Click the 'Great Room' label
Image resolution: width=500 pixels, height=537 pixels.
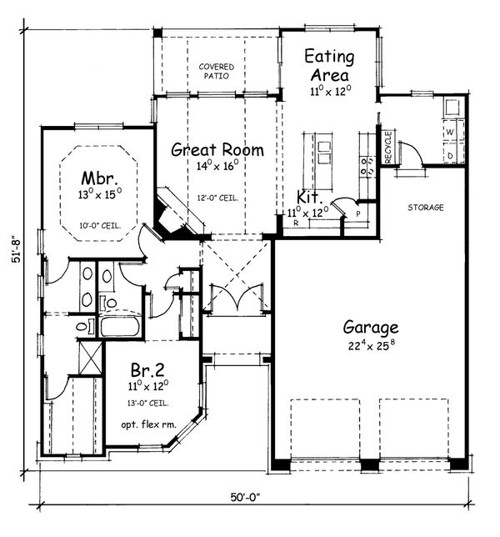(217, 150)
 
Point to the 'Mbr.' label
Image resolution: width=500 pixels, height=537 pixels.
(97, 178)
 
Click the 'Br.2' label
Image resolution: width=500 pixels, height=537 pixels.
(146, 369)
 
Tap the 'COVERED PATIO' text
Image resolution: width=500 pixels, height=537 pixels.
(216, 70)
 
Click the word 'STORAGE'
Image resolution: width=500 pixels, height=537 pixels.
(425, 207)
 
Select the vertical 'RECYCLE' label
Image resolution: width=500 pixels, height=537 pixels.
(387, 148)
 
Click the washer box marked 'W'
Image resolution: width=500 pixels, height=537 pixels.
(450, 133)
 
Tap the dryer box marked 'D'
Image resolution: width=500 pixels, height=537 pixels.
(450, 155)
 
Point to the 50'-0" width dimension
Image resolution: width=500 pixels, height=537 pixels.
(247, 498)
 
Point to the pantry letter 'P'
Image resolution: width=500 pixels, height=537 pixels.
(357, 213)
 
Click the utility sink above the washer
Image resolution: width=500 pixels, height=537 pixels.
(452, 108)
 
